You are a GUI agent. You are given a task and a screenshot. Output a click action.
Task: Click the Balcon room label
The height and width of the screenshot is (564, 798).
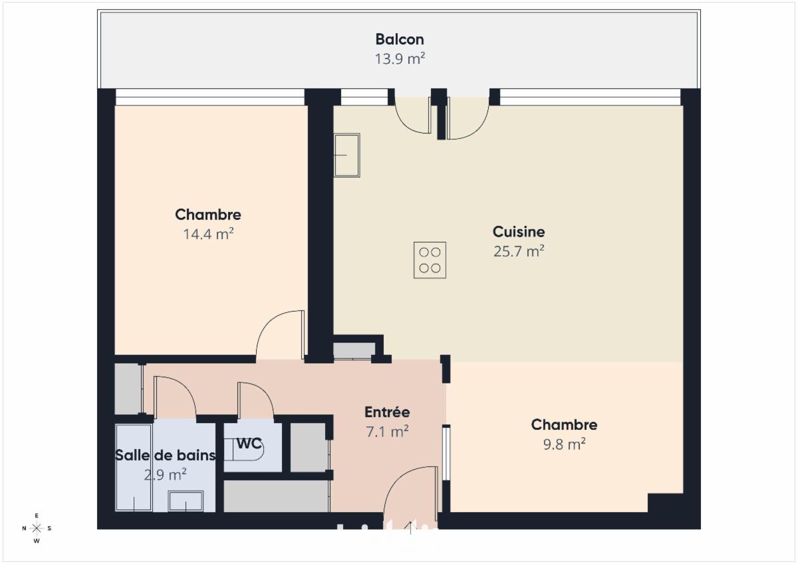tap(400, 39)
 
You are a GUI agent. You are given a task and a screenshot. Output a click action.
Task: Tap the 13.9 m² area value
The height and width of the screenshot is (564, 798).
tap(400, 58)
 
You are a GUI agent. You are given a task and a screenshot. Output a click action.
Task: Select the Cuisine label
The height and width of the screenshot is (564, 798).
tap(518, 232)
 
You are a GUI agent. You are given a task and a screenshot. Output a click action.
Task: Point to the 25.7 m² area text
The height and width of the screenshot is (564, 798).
tap(518, 251)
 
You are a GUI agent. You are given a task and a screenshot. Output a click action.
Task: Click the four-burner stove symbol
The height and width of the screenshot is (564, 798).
tap(430, 260)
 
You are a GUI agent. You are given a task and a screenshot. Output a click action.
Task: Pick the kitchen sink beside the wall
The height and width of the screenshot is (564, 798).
tap(346, 155)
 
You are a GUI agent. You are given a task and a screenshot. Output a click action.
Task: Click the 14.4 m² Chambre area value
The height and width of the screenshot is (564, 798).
tap(208, 234)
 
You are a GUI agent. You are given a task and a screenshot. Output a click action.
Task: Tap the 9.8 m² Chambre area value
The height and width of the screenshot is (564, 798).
tap(564, 444)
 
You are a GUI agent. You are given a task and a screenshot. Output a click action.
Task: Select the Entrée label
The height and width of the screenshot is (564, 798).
tap(387, 412)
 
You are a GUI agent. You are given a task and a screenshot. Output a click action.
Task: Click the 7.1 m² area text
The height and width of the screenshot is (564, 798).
tap(387, 432)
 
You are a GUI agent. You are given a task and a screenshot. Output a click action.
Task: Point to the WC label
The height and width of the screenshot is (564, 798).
tap(249, 443)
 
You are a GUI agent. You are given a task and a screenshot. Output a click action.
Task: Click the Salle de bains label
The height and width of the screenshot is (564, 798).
tap(166, 455)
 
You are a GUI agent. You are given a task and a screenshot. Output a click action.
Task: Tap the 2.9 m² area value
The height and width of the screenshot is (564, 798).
tap(166, 474)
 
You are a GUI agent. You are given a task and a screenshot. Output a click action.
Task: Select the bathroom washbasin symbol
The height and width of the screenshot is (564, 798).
tap(186, 501)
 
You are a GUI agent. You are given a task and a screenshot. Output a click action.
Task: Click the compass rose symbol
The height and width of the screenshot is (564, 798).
tap(37, 528)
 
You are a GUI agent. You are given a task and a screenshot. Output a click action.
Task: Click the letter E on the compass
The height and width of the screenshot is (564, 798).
tap(37, 516)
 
